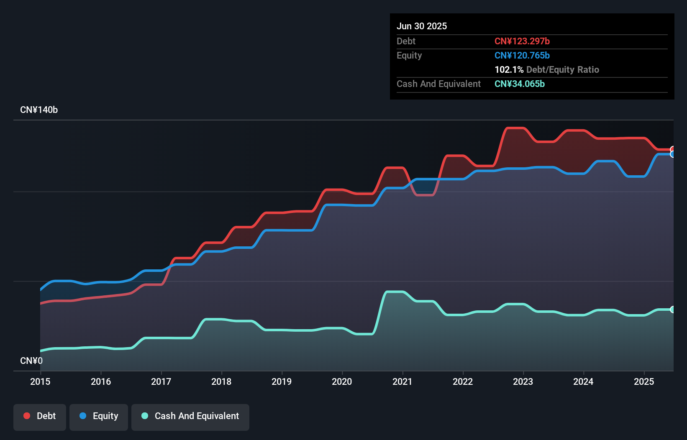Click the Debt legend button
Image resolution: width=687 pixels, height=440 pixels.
(40, 416)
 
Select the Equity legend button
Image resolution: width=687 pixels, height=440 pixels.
(99, 416)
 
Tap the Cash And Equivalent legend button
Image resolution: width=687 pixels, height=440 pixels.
(190, 416)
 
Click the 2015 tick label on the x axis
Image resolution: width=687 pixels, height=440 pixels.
(40, 381)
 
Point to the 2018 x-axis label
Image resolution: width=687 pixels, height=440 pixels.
(221, 381)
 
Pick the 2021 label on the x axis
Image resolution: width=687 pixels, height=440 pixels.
(402, 381)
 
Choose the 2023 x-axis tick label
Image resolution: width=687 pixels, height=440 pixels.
(523, 381)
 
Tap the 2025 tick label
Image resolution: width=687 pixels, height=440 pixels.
(643, 381)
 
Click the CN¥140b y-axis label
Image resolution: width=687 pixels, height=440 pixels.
(39, 110)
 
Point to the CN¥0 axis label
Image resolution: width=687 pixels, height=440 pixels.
(31, 361)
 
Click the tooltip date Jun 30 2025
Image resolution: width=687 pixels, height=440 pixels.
(422, 26)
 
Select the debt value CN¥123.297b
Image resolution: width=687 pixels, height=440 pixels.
(522, 41)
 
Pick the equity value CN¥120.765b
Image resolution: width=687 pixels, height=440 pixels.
(522, 55)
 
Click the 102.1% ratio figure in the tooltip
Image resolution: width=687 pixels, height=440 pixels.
(509, 69)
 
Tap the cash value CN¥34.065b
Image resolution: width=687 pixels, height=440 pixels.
(519, 84)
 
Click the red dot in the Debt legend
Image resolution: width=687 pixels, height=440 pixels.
(27, 416)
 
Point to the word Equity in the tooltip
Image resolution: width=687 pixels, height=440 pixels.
(409, 55)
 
